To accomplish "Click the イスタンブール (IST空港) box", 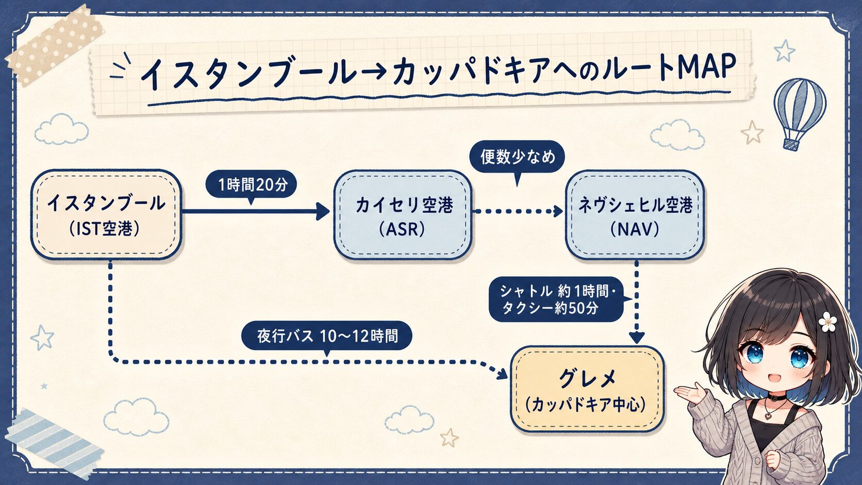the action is pyautogui.click(x=106, y=214).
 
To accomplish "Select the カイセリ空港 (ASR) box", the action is pyautogui.click(x=403, y=214).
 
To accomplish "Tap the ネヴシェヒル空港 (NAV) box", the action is pyautogui.click(x=635, y=214).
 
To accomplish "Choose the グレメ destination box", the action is pyautogui.click(x=587, y=389).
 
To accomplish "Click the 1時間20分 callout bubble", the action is pyautogui.click(x=251, y=184).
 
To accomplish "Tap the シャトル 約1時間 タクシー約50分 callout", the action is pyautogui.click(x=556, y=299).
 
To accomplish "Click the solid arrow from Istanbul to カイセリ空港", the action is pyautogui.click(x=256, y=211).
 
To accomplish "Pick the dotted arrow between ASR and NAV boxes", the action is pyautogui.click(x=518, y=211).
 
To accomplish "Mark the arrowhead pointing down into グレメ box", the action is pyautogui.click(x=637, y=337).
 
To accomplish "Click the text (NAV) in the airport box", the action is pyautogui.click(x=635, y=230).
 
